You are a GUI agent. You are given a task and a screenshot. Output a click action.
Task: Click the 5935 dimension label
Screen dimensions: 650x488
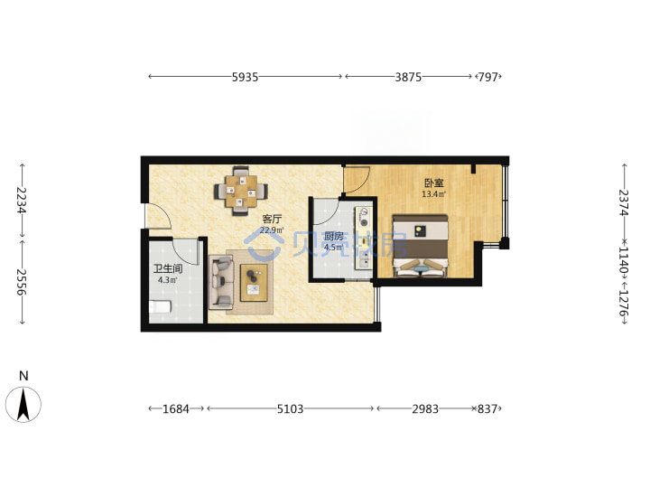coord(245,77)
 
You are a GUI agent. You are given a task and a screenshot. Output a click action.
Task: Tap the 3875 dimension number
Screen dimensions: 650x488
coord(408,77)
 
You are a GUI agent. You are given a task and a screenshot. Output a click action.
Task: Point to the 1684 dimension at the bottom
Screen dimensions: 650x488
coord(176,409)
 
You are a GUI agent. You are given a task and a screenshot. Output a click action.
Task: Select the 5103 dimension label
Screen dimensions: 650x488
coord(290,409)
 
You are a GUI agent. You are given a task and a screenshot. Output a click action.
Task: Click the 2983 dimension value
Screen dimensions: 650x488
coord(425,409)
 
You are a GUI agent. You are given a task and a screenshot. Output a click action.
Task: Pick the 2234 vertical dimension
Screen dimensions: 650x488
coord(22,200)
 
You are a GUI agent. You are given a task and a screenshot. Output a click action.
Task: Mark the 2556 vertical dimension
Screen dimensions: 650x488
coord(22,282)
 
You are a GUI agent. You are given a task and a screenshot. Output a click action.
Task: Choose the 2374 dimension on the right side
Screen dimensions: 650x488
coord(624,202)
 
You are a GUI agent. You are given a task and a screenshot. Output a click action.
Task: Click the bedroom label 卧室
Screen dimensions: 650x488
coord(434,183)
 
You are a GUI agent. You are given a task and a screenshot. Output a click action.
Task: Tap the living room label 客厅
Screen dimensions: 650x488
coord(272,219)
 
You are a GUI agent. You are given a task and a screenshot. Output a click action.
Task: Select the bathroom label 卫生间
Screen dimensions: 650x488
coord(168,268)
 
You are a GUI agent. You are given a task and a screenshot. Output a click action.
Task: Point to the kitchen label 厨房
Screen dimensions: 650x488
coord(334,237)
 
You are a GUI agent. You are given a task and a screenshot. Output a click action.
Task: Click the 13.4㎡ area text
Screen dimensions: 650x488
coord(434,193)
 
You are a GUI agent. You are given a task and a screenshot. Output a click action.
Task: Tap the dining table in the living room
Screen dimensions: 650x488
coord(241,191)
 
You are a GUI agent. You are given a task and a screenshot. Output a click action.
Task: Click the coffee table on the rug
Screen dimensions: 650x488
coord(254,283)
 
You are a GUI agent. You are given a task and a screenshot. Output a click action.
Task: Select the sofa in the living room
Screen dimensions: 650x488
coord(221,282)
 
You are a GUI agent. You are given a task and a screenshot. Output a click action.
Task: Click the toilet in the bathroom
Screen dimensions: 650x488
coord(160,307)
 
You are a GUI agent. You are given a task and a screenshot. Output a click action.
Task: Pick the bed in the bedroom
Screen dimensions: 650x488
coord(421,246)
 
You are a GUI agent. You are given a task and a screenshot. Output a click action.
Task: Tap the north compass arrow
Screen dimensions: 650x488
coord(23,404)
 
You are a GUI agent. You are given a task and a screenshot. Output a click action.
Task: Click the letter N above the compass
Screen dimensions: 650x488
coord(23,376)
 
